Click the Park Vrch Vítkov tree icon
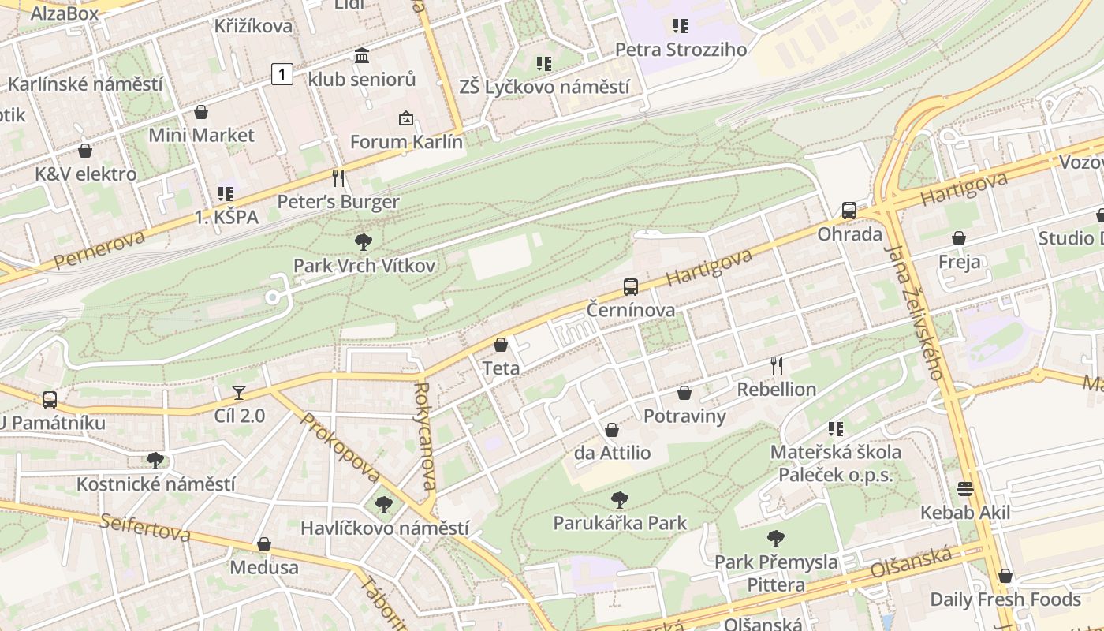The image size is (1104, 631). click(364, 241)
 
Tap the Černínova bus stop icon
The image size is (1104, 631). click(631, 287)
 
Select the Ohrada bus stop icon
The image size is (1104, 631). click(849, 211)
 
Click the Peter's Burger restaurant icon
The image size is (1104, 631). click(338, 178)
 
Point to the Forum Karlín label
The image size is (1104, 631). click(406, 142)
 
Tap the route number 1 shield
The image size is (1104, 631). click(282, 75)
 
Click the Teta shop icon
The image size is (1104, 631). click(501, 345)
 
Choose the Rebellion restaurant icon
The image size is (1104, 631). click(777, 365)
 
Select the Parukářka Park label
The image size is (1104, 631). click(620, 523)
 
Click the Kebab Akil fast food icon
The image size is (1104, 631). click(965, 489)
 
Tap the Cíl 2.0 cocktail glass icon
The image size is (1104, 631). click(239, 392)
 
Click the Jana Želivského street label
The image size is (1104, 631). click(914, 312)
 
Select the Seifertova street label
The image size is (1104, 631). click(145, 527)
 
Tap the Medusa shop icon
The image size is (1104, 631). click(264, 544)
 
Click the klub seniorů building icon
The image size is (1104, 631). click(362, 55)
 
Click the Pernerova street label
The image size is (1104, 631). click(99, 249)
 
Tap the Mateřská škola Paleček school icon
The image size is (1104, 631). click(836, 429)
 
